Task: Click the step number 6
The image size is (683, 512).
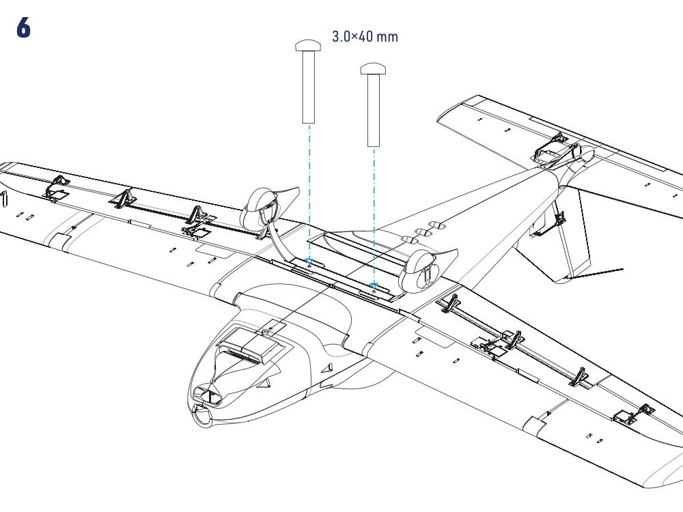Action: point(23,27)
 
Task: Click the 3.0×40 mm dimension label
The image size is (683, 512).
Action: point(365,37)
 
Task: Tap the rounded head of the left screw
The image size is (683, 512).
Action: point(309,45)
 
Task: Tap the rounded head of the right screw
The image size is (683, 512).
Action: point(374,68)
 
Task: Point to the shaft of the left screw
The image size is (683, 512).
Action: point(309,87)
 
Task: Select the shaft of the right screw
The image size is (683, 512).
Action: point(374,110)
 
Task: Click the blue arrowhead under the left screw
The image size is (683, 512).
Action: point(309,262)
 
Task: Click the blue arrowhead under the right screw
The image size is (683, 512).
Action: point(374,285)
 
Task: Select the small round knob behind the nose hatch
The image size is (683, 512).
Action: point(265,332)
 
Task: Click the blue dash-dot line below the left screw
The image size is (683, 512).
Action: point(309,192)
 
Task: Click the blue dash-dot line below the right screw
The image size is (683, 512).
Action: point(374,215)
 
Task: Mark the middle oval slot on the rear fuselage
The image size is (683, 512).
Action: point(423,233)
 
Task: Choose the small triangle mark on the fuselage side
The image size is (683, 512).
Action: point(326,369)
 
